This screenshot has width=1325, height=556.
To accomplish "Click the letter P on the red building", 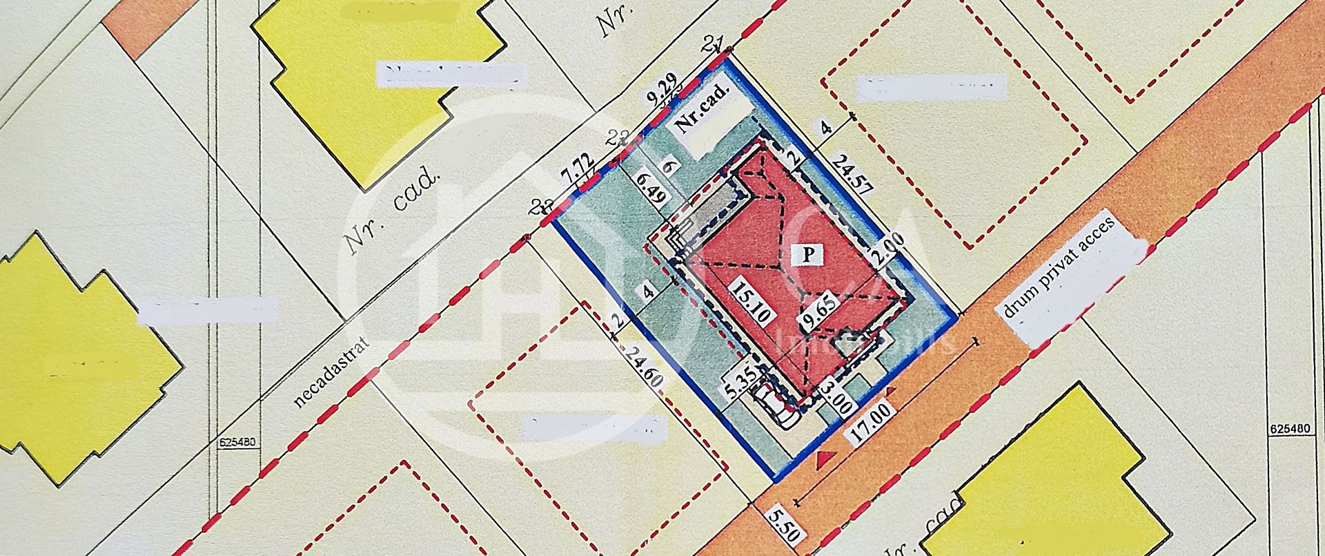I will pos(810,254).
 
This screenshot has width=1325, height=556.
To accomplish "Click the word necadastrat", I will pos(331,372).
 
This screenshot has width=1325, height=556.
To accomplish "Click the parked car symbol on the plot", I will pos(774,404).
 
